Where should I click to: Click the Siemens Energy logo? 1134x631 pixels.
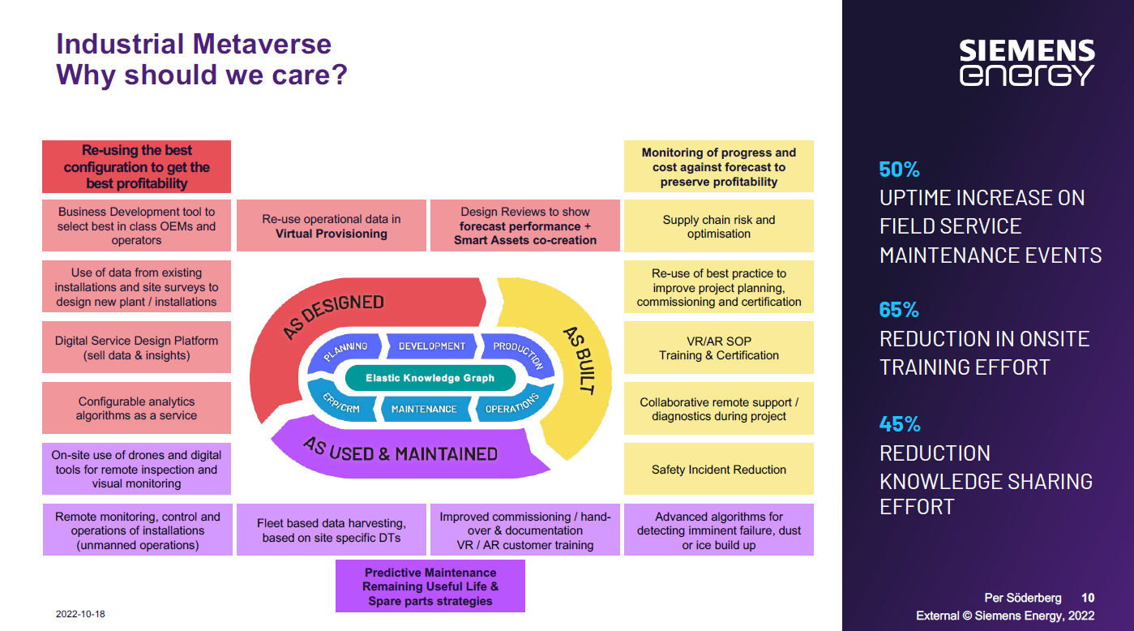pos(1027,62)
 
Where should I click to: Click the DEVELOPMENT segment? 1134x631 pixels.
pos(432,346)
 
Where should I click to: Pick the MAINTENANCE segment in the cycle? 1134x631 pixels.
pos(424,409)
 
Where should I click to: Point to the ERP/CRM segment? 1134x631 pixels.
pos(341,403)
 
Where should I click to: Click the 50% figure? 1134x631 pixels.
pos(899,170)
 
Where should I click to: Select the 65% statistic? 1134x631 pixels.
pos(899,310)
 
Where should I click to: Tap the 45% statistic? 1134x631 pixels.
pos(900,424)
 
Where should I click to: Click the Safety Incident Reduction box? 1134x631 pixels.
pos(718,469)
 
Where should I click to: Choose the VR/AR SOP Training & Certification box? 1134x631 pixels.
pos(718,348)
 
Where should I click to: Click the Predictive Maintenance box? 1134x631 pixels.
pos(430,586)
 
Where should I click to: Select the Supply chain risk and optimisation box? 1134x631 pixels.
pos(718,226)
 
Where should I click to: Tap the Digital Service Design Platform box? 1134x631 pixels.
pos(136,348)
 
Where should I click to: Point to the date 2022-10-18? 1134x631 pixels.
pos(80,614)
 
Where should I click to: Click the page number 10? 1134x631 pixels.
pos(1088,598)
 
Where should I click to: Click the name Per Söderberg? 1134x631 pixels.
pos(1022,598)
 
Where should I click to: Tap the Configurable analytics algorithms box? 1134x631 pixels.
pos(136,408)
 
